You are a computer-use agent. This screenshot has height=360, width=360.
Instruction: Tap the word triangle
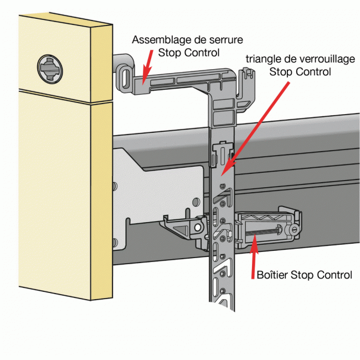(264, 60)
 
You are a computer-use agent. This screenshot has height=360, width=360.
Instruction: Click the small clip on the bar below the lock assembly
(223, 151)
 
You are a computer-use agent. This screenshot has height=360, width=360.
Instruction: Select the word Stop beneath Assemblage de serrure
(169, 53)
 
